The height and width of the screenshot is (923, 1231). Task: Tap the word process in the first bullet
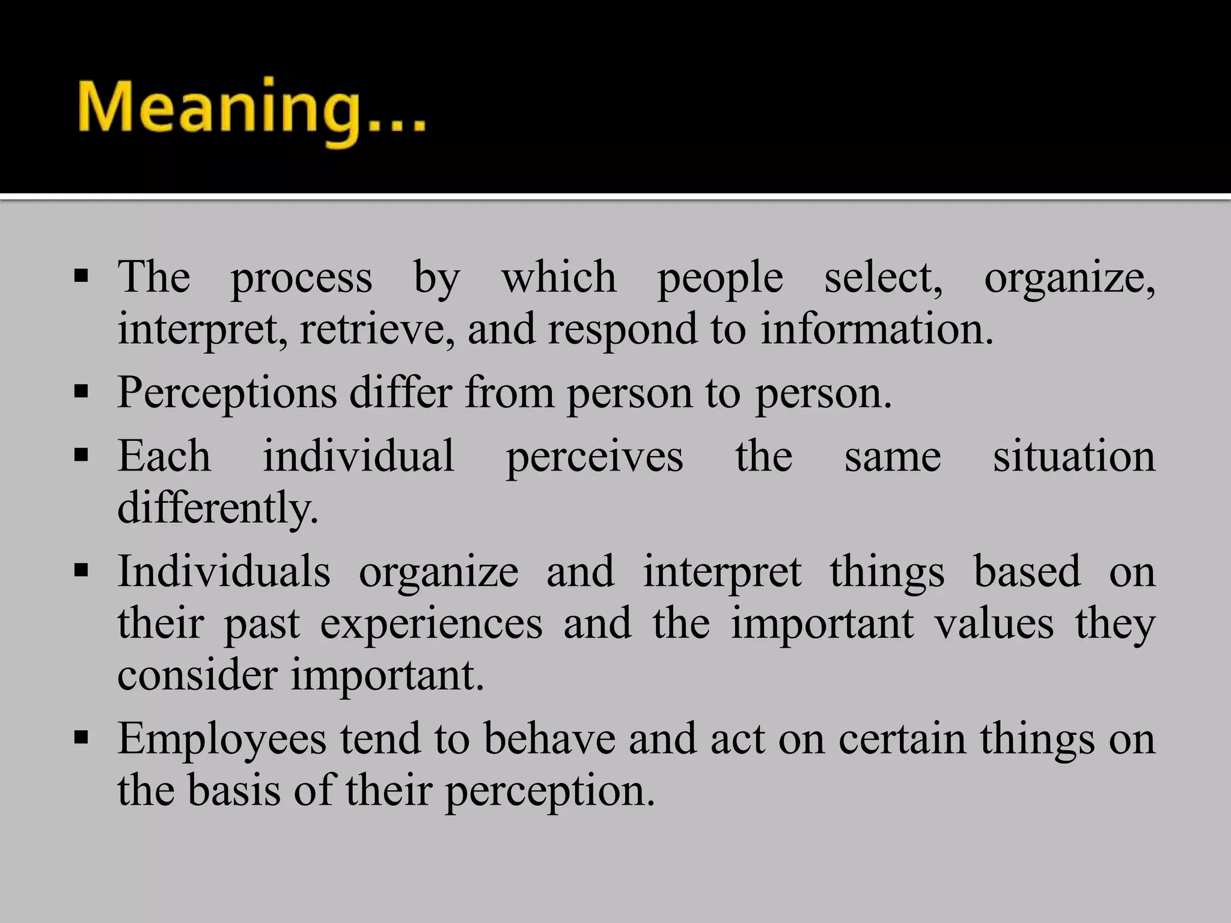coord(302,278)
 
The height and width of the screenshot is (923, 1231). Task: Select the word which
coord(559,277)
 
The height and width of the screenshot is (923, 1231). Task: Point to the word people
coord(720,278)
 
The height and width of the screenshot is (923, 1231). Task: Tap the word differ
coord(400,392)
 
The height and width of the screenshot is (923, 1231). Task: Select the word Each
coord(164,455)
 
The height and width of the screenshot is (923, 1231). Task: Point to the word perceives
coord(594,457)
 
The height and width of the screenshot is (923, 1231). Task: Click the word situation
coord(1074,455)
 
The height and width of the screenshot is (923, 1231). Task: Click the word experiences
coord(431,623)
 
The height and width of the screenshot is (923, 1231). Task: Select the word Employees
coord(222,739)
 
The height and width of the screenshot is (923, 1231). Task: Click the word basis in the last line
coord(234,790)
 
